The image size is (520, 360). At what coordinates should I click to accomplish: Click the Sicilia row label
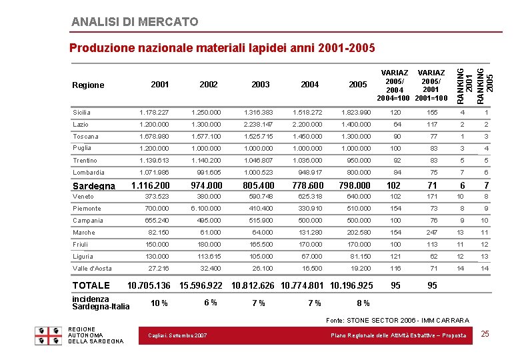tap(81, 113)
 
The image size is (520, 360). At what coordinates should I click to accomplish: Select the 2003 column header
tap(261, 85)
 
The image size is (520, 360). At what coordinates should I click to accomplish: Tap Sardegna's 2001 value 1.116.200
tap(150, 185)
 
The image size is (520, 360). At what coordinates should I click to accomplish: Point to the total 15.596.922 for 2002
tap(201, 285)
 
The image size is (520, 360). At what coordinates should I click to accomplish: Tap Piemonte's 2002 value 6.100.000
tap(205, 209)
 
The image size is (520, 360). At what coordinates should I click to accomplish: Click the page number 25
tap(485, 333)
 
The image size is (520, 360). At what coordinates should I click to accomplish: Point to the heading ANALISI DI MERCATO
tap(135, 22)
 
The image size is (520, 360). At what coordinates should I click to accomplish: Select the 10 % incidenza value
tap(159, 303)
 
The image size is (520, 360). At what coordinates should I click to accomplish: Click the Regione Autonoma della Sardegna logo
tap(50, 335)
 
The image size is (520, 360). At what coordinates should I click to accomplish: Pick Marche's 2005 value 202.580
tap(358, 233)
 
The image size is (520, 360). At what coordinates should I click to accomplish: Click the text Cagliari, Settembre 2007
tap(177, 335)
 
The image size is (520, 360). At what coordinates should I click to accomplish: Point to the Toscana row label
tap(85, 137)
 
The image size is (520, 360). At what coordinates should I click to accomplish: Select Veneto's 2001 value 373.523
tap(157, 197)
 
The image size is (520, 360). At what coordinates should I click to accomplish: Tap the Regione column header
tap(88, 85)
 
